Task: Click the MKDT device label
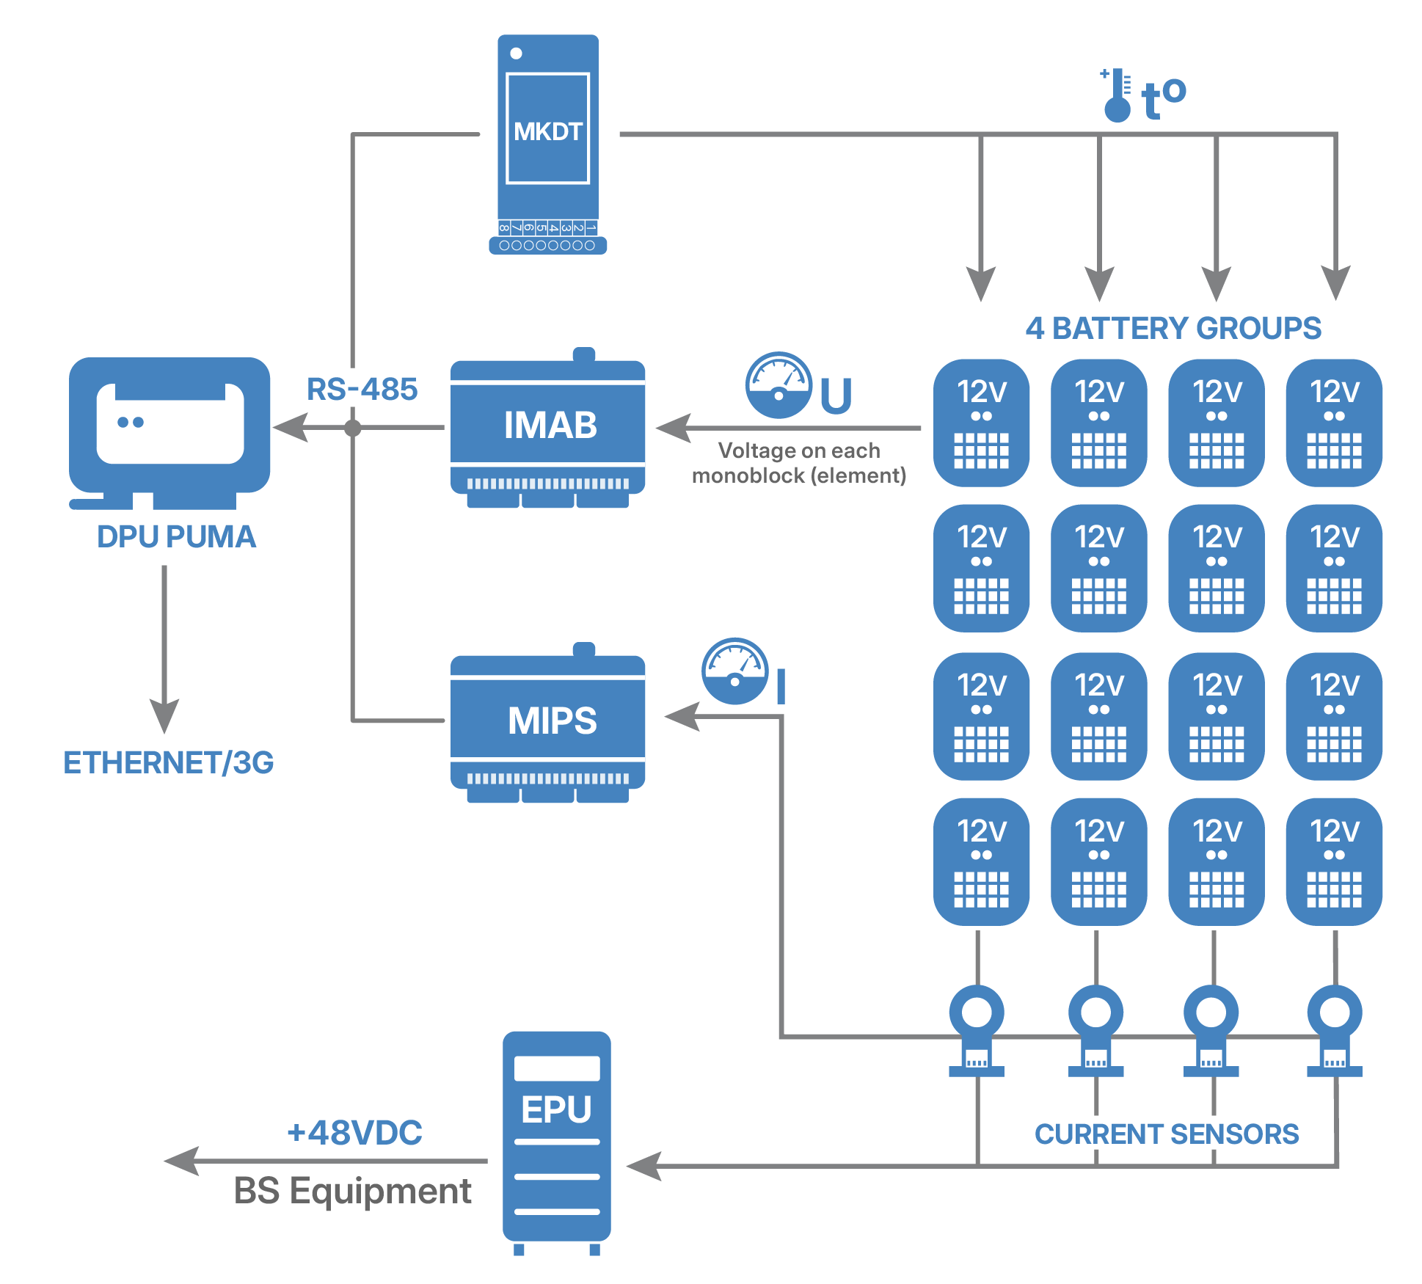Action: pos(547,132)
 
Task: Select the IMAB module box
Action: pos(548,426)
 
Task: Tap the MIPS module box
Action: pos(548,721)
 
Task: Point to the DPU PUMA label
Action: pos(176,537)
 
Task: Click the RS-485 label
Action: pos(362,390)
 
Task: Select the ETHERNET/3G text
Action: pos(168,763)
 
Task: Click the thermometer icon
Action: pos(1117,96)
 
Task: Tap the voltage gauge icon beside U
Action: pos(779,385)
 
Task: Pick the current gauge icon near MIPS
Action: pos(734,671)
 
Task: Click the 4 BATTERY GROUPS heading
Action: pos(1173,329)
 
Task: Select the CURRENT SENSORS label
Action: pos(1166,1134)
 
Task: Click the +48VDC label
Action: pos(354,1133)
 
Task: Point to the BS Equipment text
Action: pos(352,1191)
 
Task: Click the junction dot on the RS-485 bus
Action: pos(353,428)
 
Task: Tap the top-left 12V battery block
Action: pos(981,423)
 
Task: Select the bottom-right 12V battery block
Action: pos(1334,861)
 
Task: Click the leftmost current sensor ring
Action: pos(977,1013)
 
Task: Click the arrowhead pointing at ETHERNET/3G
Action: pos(164,715)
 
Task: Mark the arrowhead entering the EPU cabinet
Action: pos(645,1166)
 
